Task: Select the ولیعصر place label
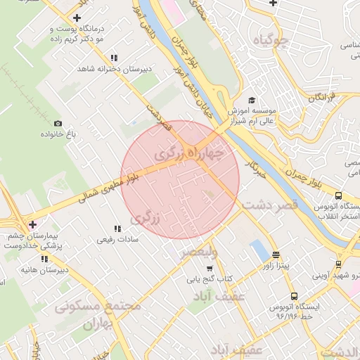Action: tap(198, 251)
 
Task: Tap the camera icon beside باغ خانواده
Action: tap(58, 124)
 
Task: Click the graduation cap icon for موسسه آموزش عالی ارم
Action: tap(252, 101)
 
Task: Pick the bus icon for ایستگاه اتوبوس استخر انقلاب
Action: tap(338, 196)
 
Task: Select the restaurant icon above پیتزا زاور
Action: tap(276, 255)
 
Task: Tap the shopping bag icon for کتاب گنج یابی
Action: tap(209, 268)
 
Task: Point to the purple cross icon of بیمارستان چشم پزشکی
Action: tap(32, 224)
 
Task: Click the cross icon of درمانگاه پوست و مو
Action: tap(76, 18)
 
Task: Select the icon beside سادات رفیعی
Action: tap(117, 228)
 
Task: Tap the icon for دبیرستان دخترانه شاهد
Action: tap(114, 58)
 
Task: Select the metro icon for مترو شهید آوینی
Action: tap(338, 265)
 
